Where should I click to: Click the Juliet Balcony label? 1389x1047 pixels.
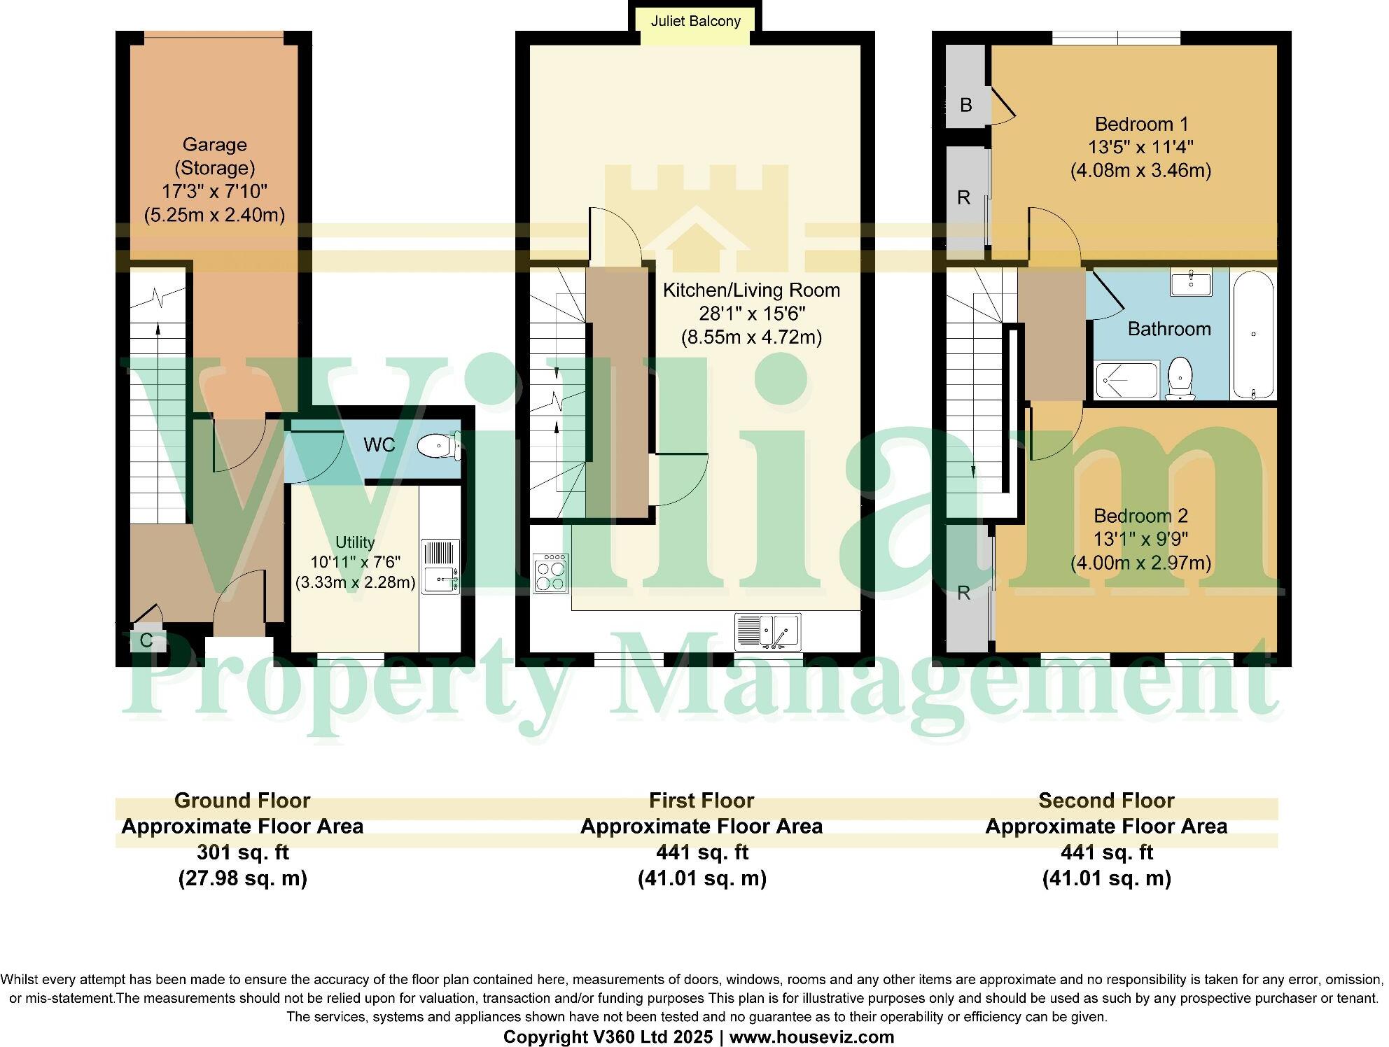pyautogui.click(x=695, y=21)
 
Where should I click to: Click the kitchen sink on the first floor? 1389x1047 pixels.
pyautogui.click(x=767, y=631)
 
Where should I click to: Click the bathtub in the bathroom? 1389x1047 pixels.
pyautogui.click(x=1253, y=335)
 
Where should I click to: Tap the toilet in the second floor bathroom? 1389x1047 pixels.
pyautogui.click(x=1180, y=379)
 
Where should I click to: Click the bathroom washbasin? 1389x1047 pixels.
pyautogui.click(x=1189, y=283)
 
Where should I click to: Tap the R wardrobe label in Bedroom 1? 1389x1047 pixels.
pyautogui.click(x=964, y=197)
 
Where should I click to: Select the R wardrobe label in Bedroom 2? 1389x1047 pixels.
pyautogui.click(x=964, y=593)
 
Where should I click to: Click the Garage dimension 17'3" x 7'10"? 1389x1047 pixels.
pyautogui.click(x=214, y=191)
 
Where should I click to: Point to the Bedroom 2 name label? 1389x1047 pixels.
pyautogui.click(x=1140, y=516)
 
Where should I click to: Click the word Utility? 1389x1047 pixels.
pyautogui.click(x=355, y=542)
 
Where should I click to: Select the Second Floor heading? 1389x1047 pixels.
pyautogui.click(x=1106, y=800)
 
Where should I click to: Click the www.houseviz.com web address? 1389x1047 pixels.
pyautogui.click(x=812, y=1037)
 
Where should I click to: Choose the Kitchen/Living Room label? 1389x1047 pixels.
pyautogui.click(x=751, y=290)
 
